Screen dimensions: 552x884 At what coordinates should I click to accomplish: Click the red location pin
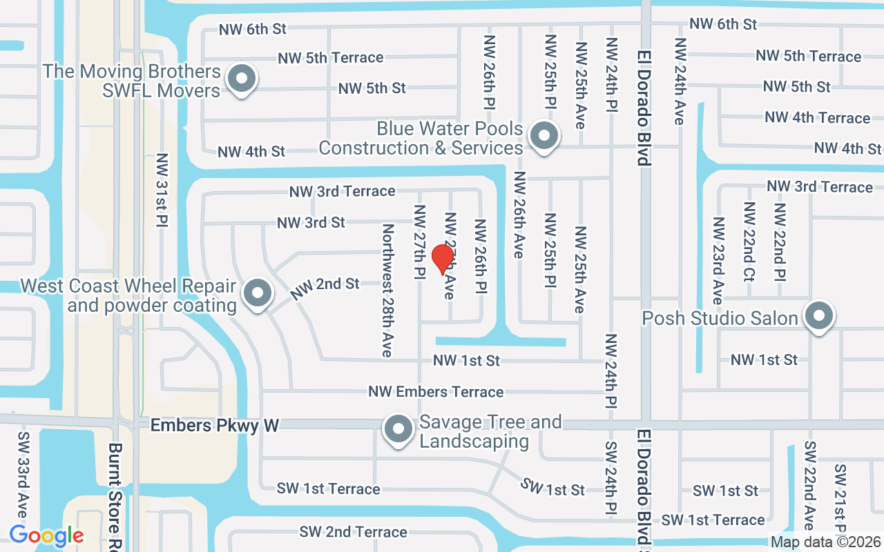point(442,259)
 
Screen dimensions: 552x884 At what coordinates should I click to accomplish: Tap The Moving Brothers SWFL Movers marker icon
point(241,79)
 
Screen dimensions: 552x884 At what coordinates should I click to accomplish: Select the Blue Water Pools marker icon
point(544,136)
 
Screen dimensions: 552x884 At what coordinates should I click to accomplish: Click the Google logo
point(46,535)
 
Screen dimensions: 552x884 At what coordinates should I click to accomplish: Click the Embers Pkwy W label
point(215,426)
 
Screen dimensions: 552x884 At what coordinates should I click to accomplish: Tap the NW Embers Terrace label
point(436,392)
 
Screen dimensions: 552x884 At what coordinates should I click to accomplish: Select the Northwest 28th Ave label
point(387,290)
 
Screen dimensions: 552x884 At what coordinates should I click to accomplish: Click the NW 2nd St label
point(325,288)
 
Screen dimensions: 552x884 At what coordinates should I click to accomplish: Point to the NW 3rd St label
point(311,223)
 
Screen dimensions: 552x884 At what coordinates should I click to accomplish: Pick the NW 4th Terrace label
point(817,118)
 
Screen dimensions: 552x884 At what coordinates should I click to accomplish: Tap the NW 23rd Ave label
point(718,260)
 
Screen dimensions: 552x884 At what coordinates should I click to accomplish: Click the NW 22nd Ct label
point(749,241)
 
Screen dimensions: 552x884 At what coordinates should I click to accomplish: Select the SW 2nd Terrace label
point(353,532)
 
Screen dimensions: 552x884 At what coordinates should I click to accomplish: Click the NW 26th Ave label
point(519,215)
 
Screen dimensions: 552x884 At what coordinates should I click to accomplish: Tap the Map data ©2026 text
point(826,542)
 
